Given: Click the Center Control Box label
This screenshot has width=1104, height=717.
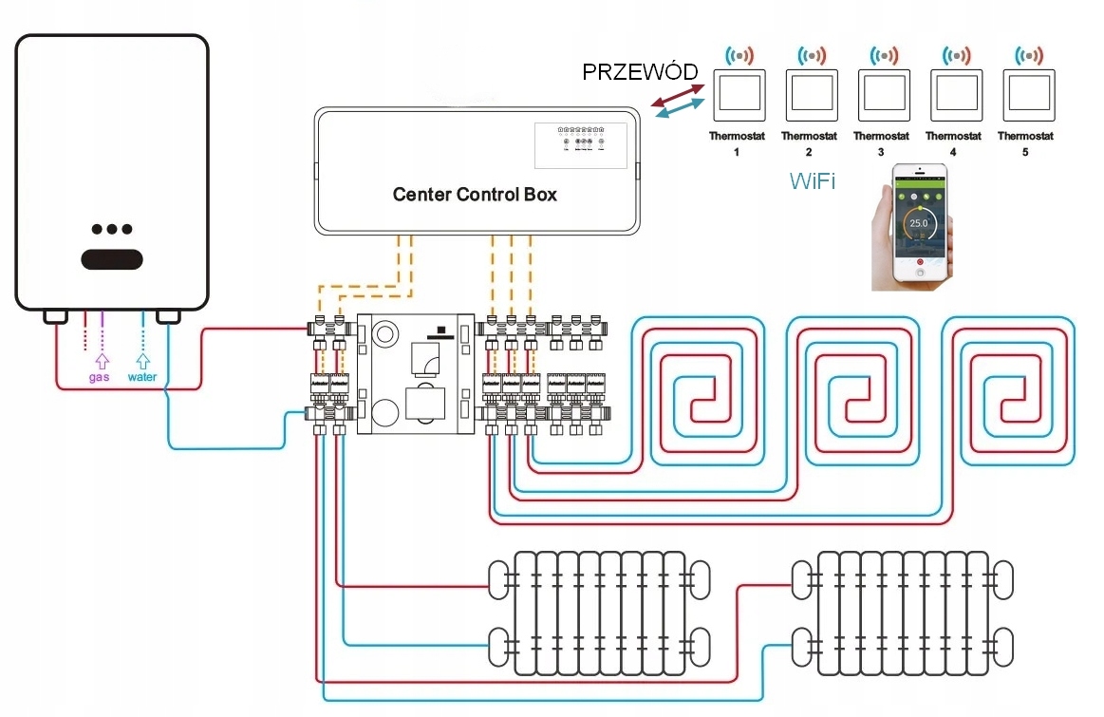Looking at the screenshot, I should point(475,195).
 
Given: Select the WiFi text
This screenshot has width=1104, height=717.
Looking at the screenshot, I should point(813,181).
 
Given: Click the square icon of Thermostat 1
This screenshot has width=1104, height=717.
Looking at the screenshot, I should point(738,92).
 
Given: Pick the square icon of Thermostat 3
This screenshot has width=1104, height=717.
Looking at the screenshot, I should point(881,92).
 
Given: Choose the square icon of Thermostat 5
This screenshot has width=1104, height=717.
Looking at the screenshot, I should point(1027,92).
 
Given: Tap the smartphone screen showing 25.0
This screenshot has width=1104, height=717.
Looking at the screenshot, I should point(918,223).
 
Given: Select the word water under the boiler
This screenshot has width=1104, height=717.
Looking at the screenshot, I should point(142,377).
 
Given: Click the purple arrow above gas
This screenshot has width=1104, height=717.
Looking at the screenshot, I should point(102,361).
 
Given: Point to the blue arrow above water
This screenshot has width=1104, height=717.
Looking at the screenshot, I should point(142,361).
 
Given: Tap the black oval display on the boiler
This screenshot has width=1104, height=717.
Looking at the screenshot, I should point(111,258).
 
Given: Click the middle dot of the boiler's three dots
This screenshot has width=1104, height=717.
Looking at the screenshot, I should point(111,229).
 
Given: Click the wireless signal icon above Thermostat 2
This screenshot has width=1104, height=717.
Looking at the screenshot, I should point(810,55).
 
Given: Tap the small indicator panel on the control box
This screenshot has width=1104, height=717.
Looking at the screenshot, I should point(581,139).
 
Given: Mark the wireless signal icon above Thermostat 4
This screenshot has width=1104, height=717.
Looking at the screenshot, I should point(954,55).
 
